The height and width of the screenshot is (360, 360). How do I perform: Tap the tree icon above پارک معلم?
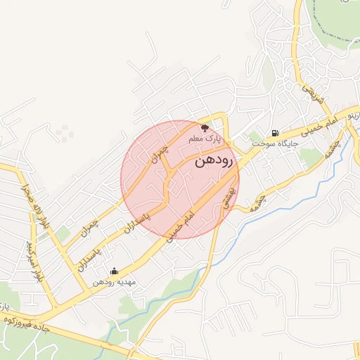205,128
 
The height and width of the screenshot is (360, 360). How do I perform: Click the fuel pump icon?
274,133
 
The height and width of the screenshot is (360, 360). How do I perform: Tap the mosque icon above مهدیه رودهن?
114,271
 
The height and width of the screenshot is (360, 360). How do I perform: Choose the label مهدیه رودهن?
114,282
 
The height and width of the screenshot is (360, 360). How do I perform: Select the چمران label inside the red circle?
160,152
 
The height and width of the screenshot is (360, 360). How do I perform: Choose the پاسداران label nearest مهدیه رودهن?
88,259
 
